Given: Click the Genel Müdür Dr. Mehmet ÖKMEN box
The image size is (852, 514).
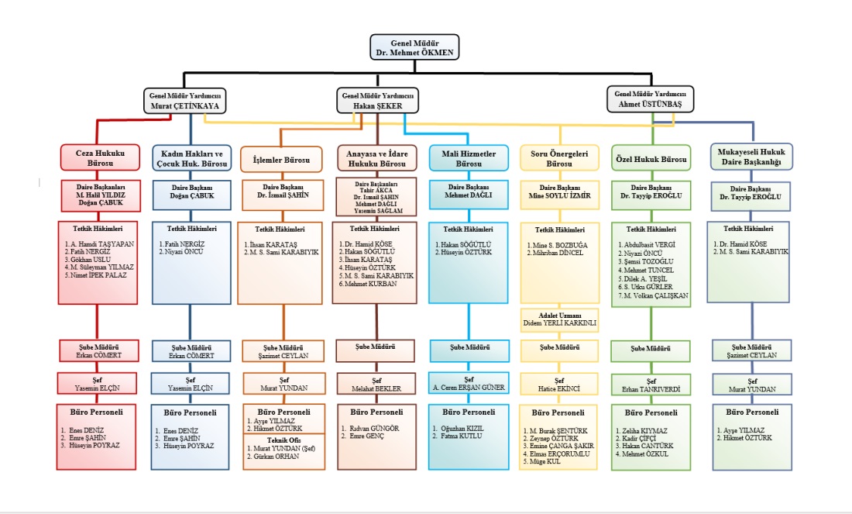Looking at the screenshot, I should coord(414,47).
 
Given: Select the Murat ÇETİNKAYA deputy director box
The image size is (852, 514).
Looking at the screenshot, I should coord(183,100).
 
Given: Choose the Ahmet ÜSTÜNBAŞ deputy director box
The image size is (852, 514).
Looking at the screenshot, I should coord(650,99).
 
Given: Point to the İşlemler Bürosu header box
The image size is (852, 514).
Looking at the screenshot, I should coord(281,160).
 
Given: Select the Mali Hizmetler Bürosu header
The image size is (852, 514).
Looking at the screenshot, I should coord(468,157).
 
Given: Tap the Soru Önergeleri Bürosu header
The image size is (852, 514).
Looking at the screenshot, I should coord(558,157).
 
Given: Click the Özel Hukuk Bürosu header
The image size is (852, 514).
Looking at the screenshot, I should coord(650,160).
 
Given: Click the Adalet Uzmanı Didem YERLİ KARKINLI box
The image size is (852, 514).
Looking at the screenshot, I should coord(558,319).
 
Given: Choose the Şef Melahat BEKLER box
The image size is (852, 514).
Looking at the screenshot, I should coord(376,385).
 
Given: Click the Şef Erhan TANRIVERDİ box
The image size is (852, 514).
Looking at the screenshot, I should coord(650,385).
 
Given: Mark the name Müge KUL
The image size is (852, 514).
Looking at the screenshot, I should coord(542,462).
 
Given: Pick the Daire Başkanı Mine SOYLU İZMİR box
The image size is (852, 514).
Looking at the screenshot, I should coord(558,192).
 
